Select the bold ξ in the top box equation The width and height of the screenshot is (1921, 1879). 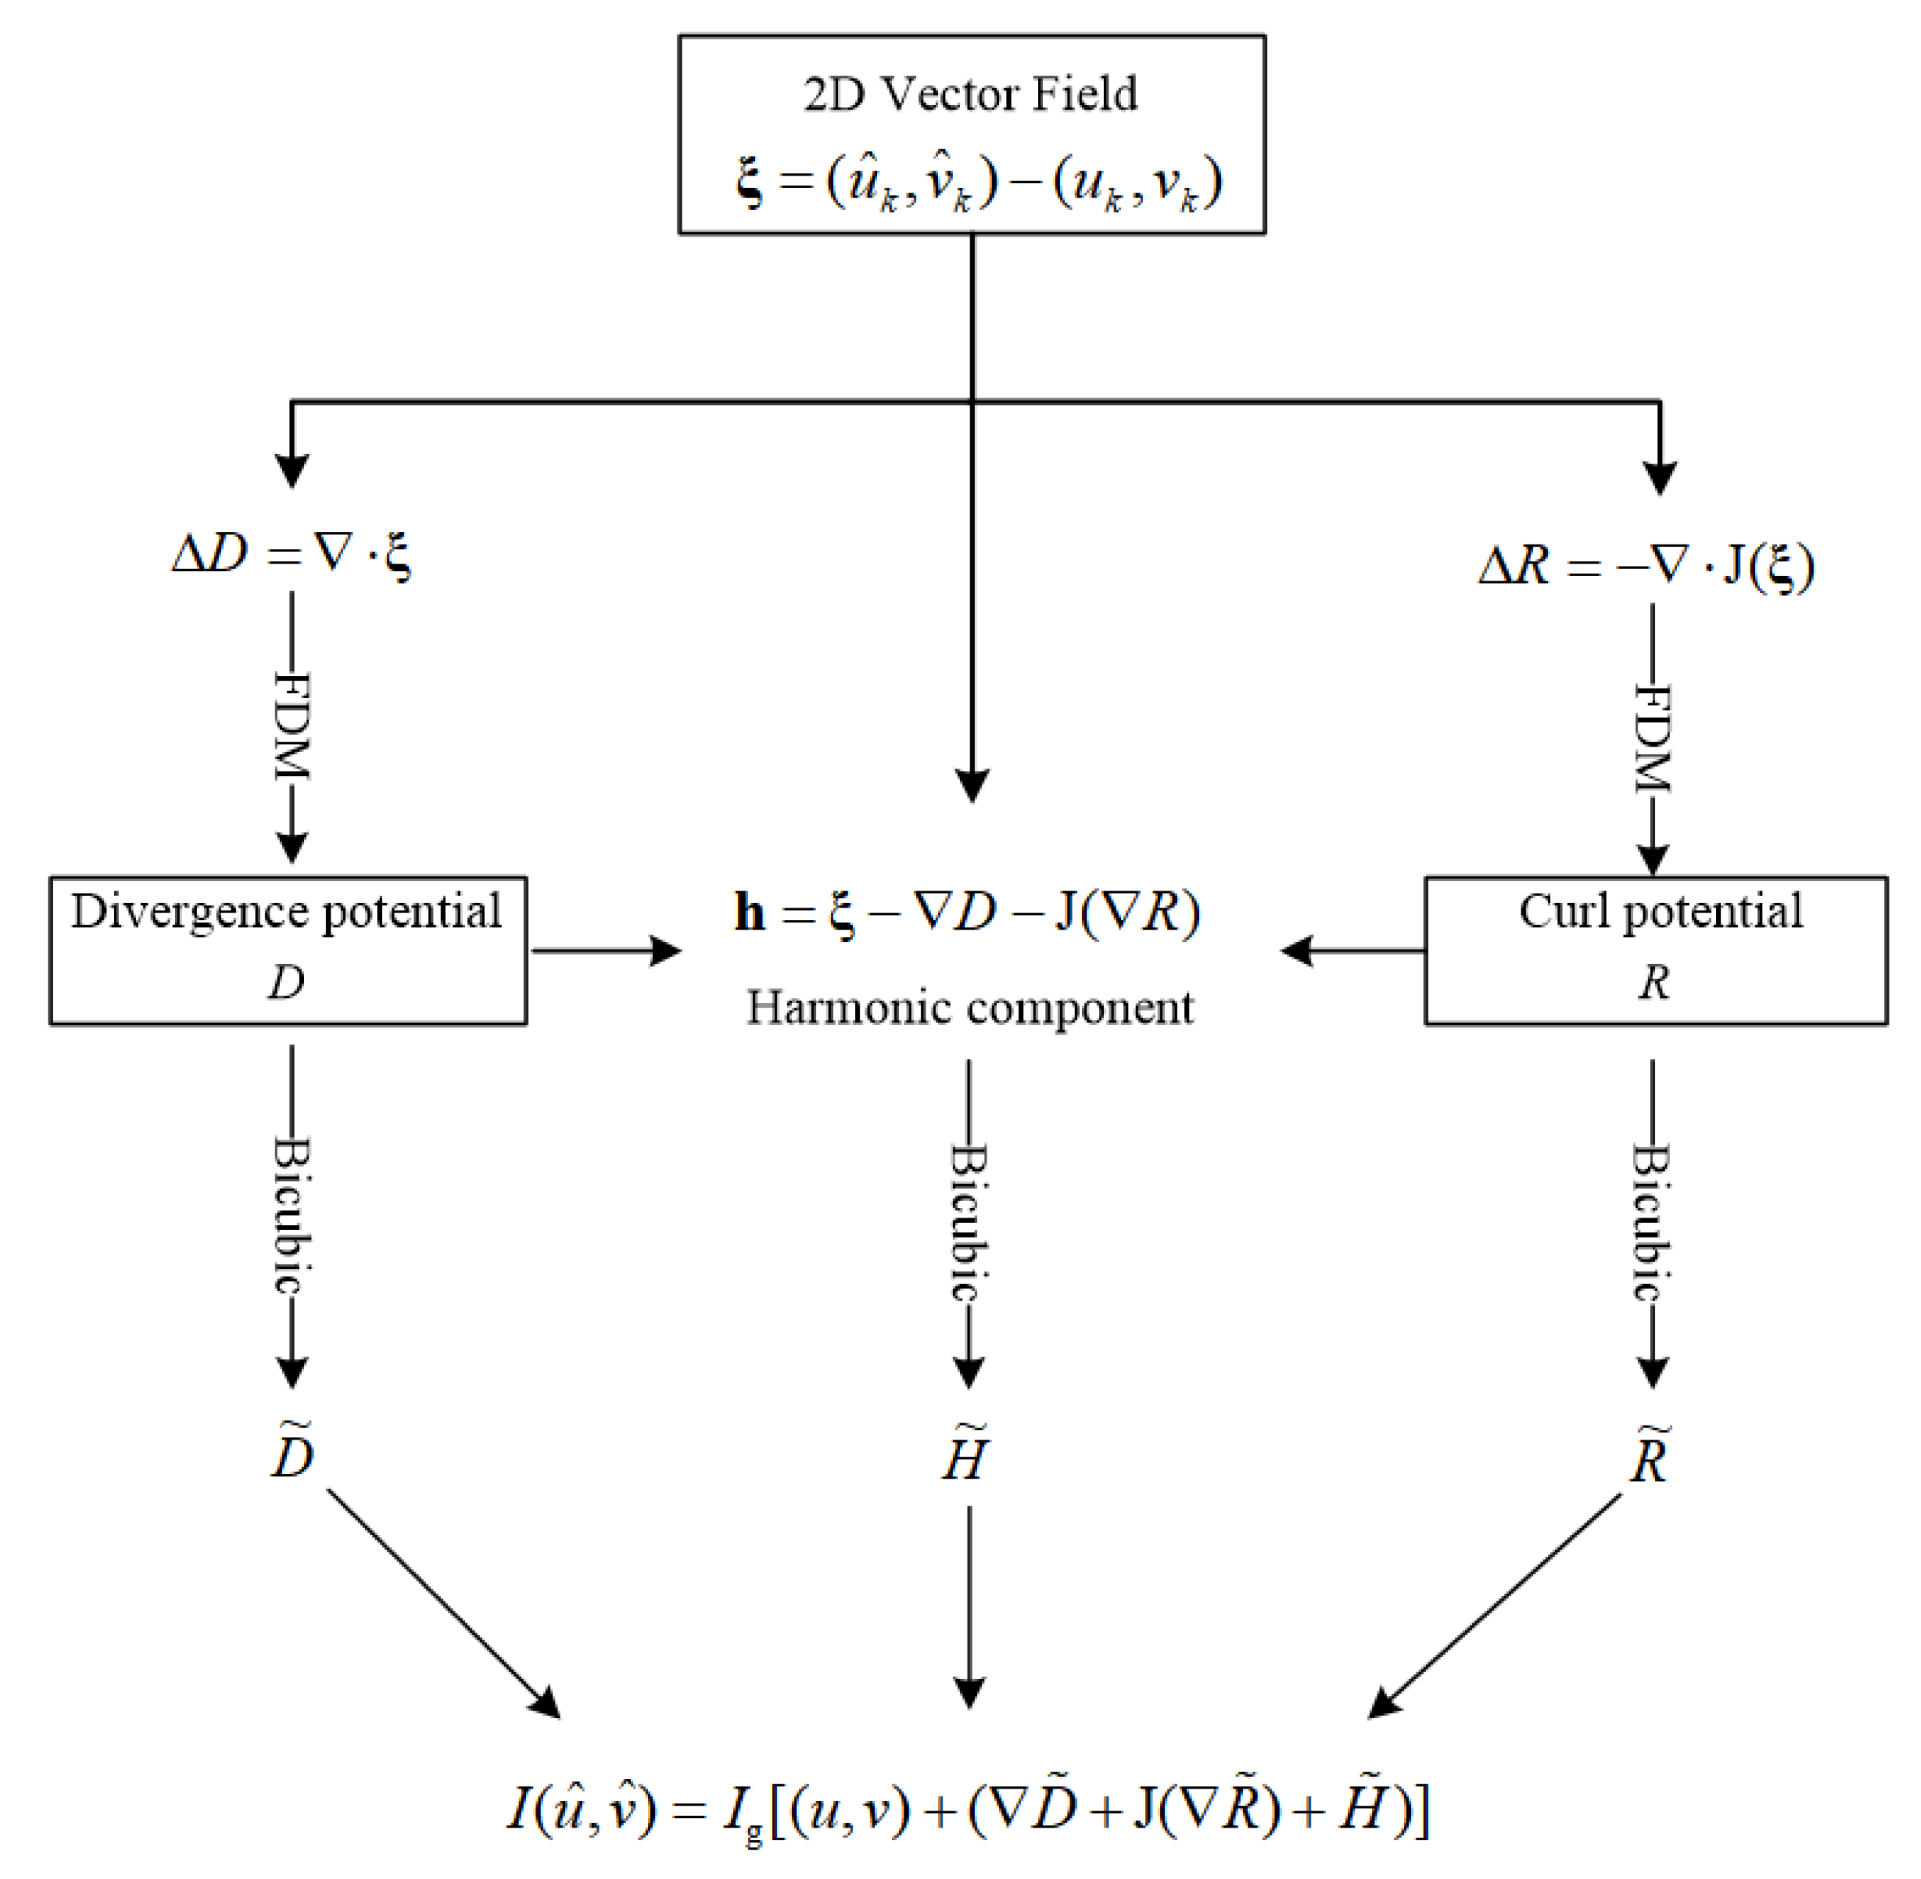(x=751, y=184)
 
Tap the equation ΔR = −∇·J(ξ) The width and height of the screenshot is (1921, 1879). (x=1646, y=567)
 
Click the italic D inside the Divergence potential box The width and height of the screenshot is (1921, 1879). (x=286, y=982)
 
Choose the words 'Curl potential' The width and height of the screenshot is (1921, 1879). (x=1660, y=912)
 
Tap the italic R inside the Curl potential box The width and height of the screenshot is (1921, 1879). (x=1654, y=982)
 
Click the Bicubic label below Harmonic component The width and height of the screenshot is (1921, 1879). (x=969, y=1223)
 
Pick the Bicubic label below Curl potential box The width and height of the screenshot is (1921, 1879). (x=1653, y=1223)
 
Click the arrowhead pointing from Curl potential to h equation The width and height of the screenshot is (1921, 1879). (x=1297, y=952)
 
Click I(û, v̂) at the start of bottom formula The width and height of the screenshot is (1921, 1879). (x=581, y=1810)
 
